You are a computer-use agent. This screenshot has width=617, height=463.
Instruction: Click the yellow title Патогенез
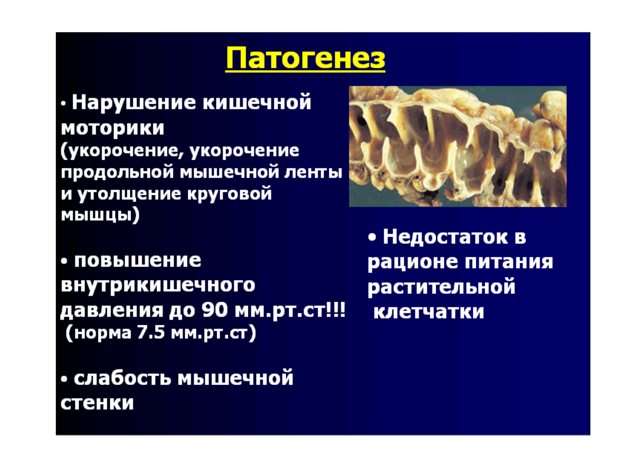pyautogui.click(x=305, y=59)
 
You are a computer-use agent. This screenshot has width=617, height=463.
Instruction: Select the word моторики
pyautogui.click(x=113, y=129)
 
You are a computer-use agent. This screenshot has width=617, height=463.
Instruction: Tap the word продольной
pyautogui.click(x=118, y=172)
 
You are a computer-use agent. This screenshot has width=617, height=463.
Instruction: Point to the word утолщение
pyautogui.click(x=129, y=194)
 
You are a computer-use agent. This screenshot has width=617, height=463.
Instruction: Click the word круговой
pyautogui.click(x=230, y=194)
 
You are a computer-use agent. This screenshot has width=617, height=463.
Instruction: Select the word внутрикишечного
pyautogui.click(x=158, y=285)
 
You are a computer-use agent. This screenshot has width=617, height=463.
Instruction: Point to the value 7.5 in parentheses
pyautogui.click(x=151, y=333)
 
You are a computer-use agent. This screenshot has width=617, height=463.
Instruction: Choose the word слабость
pyautogui.click(x=122, y=378)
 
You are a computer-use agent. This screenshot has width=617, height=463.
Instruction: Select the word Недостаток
pyautogui.click(x=445, y=237)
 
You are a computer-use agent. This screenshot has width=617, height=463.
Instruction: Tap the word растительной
pyautogui.click(x=441, y=287)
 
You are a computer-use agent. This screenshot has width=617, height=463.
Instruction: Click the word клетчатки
pyautogui.click(x=429, y=311)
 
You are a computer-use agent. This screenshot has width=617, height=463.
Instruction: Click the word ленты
pyautogui.click(x=314, y=172)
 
